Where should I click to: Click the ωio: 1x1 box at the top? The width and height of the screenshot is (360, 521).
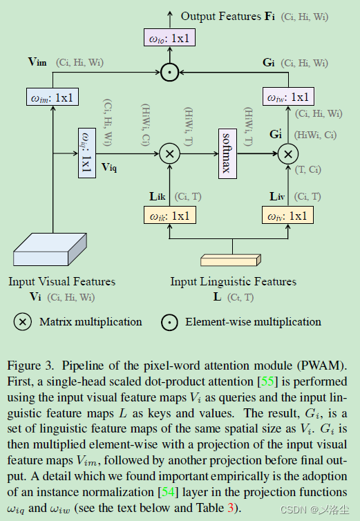168,37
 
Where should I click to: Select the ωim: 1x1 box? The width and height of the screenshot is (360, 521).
54,97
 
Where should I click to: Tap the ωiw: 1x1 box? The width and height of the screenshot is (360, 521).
287,97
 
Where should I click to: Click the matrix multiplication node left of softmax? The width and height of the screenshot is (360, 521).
169,153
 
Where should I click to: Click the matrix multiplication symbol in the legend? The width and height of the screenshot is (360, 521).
23,322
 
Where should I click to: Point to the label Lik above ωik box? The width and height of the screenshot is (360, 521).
157,197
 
